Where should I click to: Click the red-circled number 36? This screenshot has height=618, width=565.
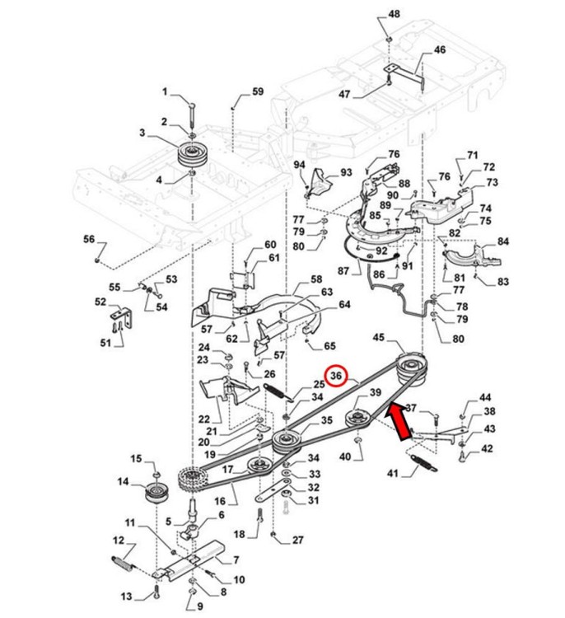tap(336, 377)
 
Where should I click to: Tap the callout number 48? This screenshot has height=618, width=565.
tap(395, 15)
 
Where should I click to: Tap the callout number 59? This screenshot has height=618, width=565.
tap(258, 92)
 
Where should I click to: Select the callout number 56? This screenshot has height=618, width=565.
tap(89, 239)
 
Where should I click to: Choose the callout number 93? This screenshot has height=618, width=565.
tap(346, 172)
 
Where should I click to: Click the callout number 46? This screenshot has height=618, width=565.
tap(440, 50)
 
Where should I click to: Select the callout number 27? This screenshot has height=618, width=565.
tap(297, 541)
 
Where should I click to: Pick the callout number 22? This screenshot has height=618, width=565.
tap(204, 419)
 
